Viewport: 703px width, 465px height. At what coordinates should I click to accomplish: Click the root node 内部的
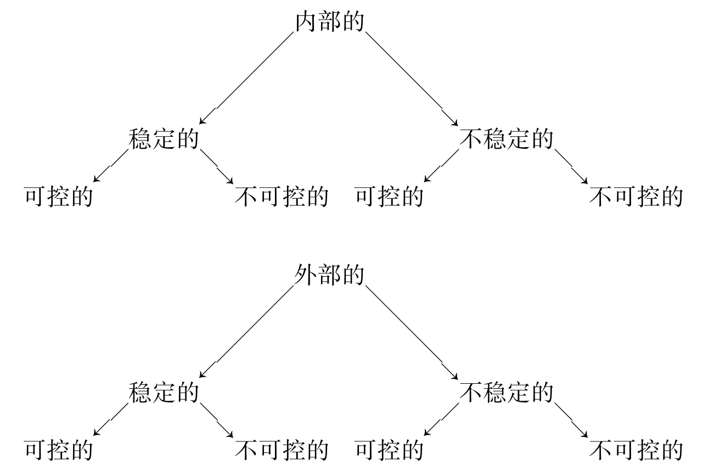point(330,23)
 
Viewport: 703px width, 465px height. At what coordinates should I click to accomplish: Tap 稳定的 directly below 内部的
point(164,139)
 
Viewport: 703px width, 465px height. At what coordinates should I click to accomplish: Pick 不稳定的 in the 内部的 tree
point(506,139)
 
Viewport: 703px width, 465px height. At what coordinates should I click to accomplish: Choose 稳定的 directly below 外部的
point(164,393)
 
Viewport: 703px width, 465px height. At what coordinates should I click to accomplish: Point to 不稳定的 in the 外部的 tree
point(506,393)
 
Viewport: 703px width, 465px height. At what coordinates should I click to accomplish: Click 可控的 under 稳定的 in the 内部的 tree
point(58,197)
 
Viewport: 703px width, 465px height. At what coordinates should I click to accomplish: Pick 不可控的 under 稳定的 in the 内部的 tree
point(282,197)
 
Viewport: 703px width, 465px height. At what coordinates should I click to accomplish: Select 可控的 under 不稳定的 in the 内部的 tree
point(390,197)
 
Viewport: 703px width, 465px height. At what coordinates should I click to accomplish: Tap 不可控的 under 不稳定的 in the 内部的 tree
point(636,197)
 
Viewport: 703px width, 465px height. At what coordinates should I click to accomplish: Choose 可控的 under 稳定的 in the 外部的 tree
point(58,450)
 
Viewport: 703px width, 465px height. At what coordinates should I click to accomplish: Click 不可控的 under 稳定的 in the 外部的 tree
point(282,450)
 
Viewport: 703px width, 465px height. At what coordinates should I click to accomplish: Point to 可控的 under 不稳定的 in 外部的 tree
point(390,450)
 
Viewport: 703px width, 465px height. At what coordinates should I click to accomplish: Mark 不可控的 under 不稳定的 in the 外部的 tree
point(636,450)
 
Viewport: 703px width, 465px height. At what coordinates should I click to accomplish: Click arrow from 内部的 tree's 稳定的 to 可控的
point(111,166)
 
